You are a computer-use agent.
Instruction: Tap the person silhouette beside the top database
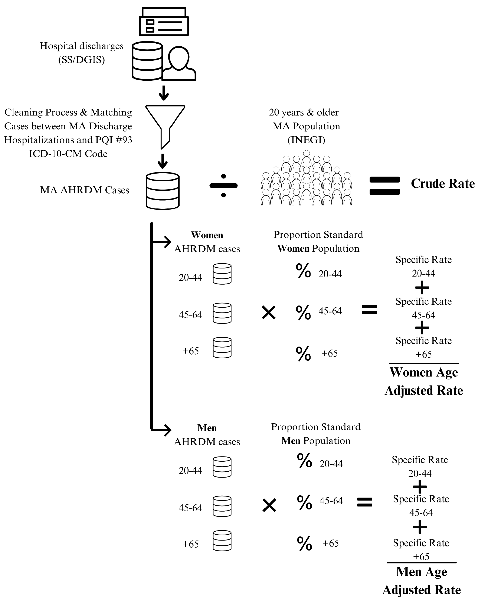coord(179,64)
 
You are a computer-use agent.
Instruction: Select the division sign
coord(223,185)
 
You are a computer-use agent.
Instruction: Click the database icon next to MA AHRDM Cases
coord(162,191)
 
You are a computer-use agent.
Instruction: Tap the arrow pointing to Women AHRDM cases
coord(164,242)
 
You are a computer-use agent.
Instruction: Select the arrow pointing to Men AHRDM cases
coord(164,430)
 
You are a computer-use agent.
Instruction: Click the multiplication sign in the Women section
coord(269,312)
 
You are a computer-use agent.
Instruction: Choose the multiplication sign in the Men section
coord(269,505)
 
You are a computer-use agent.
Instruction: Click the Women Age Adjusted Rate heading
coord(423,381)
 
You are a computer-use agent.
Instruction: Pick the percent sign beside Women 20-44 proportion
coord(303,271)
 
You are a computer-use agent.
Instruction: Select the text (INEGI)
coord(306,140)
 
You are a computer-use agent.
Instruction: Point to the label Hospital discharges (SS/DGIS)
coord(81,53)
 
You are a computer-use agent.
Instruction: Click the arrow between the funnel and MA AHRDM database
coord(162,161)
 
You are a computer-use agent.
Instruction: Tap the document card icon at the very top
coord(164,22)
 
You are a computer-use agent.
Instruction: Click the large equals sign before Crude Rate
coord(384,186)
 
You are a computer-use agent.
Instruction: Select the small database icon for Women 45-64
coord(222,313)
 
